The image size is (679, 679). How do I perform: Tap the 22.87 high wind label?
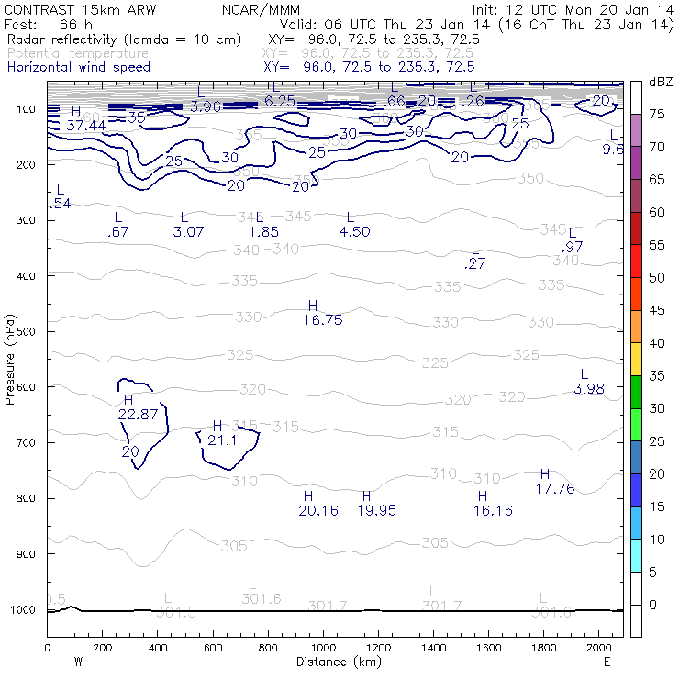pos(139,415)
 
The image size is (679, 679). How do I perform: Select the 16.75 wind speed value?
pos(322,320)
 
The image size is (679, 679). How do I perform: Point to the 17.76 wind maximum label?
pos(554,489)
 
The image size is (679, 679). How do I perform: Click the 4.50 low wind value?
pos(354,232)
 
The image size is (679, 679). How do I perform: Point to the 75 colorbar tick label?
pos(658,114)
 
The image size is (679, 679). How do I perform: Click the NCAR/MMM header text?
pos(261,9)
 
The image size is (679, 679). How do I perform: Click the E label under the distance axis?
pos(607,662)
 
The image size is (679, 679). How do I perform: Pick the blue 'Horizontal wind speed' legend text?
pos(78,67)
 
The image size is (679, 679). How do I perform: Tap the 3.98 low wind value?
pos(589,389)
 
